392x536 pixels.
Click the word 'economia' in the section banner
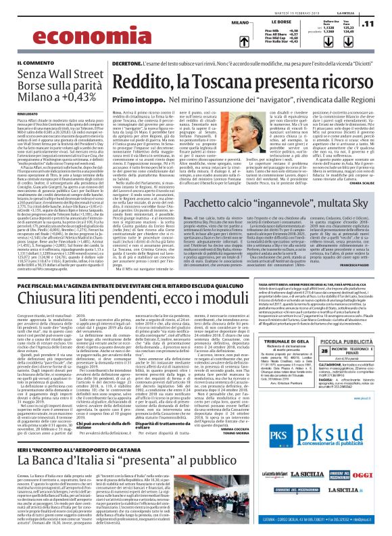click(48, 24)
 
